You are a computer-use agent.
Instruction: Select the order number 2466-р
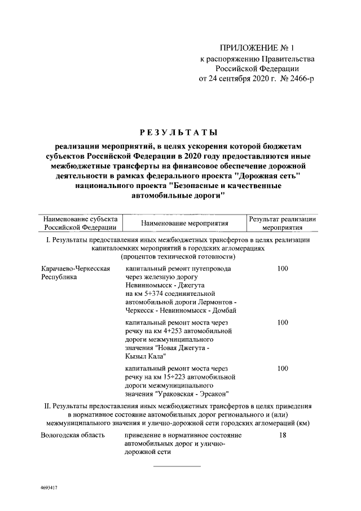coord(297,78)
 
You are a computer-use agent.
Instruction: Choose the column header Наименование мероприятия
coord(180,223)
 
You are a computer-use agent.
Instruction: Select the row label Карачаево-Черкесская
coord(75,269)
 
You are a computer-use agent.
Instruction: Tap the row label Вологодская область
coord(73,435)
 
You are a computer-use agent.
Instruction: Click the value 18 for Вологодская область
coord(283,435)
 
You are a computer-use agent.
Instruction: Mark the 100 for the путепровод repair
coord(283,269)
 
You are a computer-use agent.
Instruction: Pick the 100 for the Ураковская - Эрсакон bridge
coord(283,368)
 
